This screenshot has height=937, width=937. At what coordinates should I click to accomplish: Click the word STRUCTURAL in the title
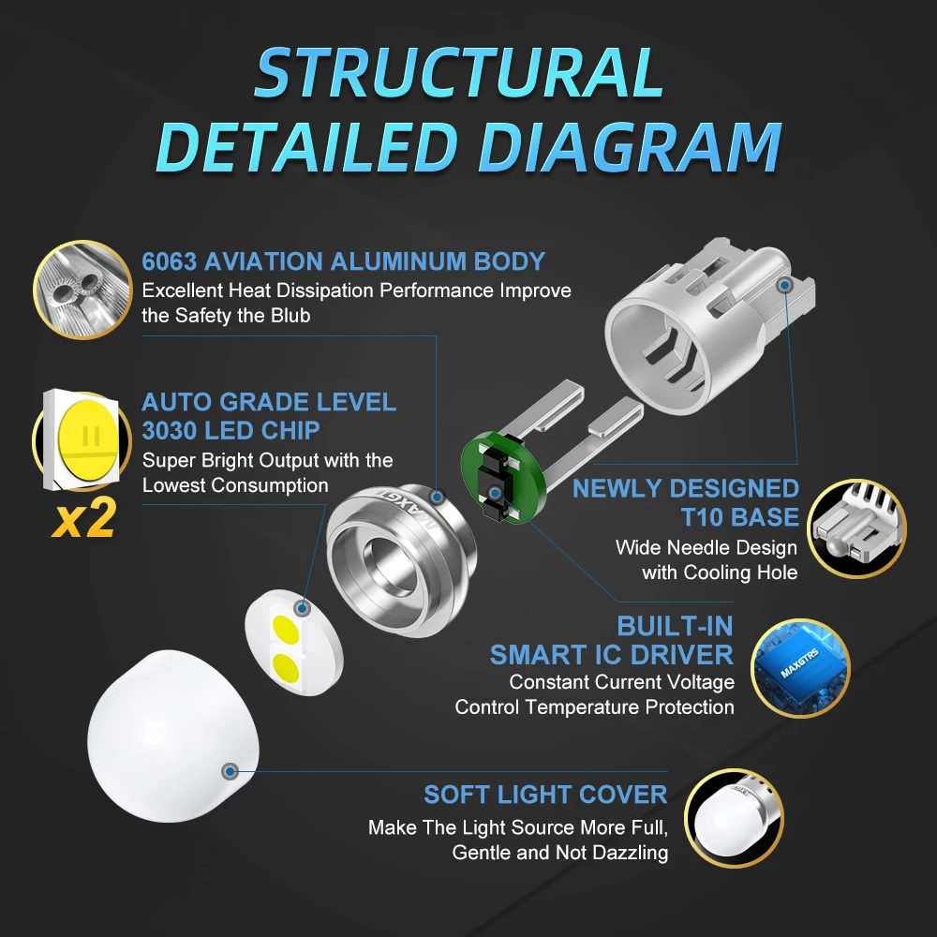coord(459,72)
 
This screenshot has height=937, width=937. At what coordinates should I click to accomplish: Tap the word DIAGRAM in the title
coord(630,148)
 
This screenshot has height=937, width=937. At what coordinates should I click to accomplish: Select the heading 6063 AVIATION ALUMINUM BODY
coord(344,261)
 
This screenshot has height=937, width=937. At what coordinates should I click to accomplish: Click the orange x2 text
coord(83,518)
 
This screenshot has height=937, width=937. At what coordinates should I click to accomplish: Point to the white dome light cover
coord(172,736)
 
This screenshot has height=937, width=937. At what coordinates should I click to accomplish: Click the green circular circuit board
coord(503,478)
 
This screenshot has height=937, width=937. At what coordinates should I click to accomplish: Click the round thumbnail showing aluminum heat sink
coord(82,290)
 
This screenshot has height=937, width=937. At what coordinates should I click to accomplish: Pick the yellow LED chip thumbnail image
coord(82,440)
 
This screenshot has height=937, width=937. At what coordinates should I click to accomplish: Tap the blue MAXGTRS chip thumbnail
coord(800,667)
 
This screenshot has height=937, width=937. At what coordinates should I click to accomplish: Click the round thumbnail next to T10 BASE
coord(857,528)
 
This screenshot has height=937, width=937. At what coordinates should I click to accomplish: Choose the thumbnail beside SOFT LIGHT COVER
coord(734,818)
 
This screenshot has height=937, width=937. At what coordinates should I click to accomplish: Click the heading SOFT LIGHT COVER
coord(545,795)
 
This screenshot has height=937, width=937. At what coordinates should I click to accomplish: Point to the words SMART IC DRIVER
coord(611,655)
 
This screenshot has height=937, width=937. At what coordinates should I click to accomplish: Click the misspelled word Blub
coord(290,316)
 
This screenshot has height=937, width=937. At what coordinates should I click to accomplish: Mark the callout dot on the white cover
coord(231,771)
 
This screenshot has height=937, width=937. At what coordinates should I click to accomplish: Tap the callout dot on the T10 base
coord(786,285)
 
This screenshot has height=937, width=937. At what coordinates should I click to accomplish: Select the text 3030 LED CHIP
coord(231,430)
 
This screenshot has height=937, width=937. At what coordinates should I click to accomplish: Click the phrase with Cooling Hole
coord(720,573)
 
